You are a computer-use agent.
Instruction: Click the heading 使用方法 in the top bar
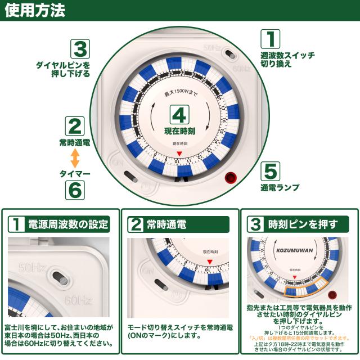[34, 11]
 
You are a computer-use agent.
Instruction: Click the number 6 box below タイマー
[75, 188]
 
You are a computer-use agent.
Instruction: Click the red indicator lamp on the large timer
[230, 178]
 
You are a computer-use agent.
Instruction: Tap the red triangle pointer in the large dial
[179, 153]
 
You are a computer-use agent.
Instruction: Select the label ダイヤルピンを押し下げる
[62, 70]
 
